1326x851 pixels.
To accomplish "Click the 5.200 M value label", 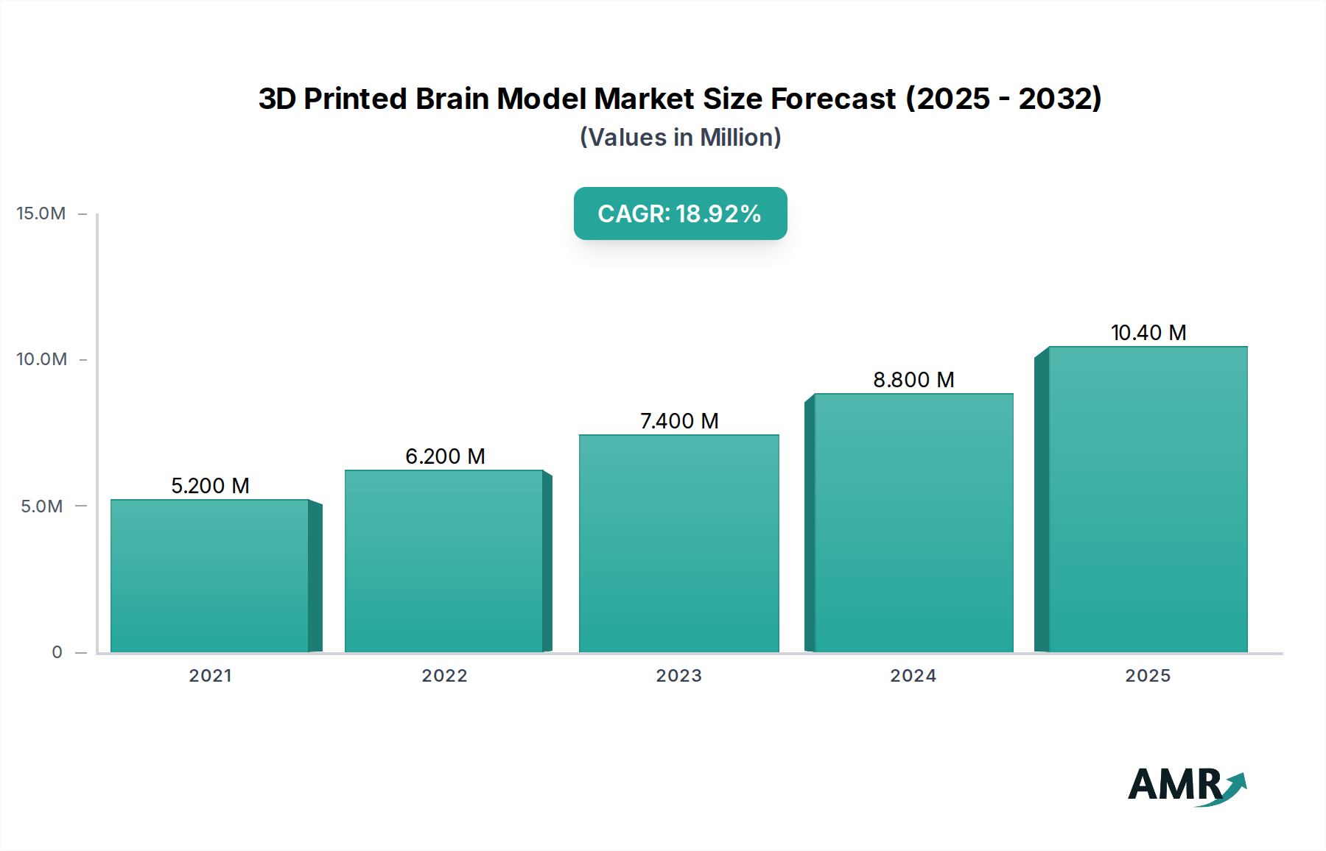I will point(210,486).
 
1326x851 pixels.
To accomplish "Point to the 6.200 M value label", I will point(445,456).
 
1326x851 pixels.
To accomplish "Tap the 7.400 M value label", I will point(678,421).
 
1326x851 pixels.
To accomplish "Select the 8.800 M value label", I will point(913,380).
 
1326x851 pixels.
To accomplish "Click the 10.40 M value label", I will point(1148,333).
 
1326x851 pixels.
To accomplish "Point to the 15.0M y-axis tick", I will point(41,213).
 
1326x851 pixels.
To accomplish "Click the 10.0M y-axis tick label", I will point(41,359).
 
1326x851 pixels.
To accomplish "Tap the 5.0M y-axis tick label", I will point(41,506).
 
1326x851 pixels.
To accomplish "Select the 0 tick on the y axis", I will point(57,652).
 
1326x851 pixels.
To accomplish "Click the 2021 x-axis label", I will point(210,676).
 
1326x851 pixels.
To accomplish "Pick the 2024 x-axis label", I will point(913,676).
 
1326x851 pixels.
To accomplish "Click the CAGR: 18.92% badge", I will point(680,213).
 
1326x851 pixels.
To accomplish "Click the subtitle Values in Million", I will point(680,138).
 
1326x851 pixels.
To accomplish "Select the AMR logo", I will point(1186,785).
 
